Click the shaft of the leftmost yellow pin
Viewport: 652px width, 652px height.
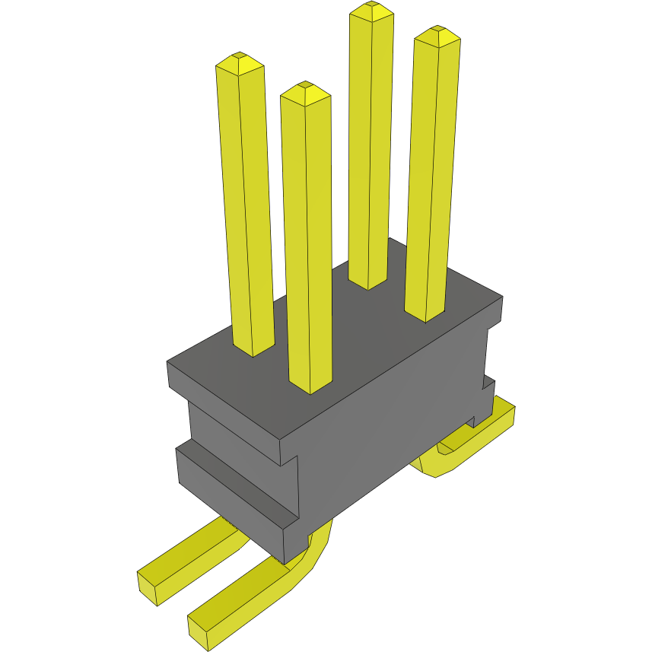point(247,205)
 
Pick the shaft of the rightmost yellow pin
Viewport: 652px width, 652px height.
point(431,175)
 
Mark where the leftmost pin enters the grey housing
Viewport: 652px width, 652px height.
point(253,351)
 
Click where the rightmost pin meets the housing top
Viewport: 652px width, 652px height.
point(425,316)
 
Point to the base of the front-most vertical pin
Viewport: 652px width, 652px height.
point(310,388)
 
